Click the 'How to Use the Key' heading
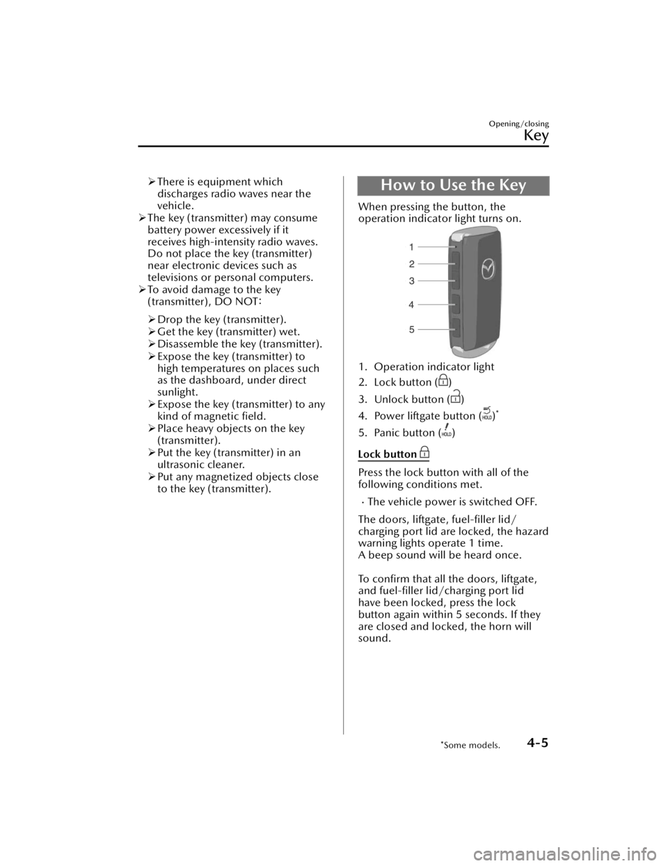pos(453,186)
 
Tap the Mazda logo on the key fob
pos(488,268)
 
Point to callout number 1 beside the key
pos(411,247)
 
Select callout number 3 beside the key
pos(411,281)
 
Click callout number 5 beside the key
pos(411,329)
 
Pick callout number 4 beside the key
pos(411,305)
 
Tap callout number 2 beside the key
pos(411,264)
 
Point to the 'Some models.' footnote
pos(478,745)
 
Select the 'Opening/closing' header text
pos(519,124)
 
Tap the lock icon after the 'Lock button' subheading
pos(424,453)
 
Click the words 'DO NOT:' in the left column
pos(237,301)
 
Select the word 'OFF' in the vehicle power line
pos(527,502)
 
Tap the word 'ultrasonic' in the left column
pos(182,465)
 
